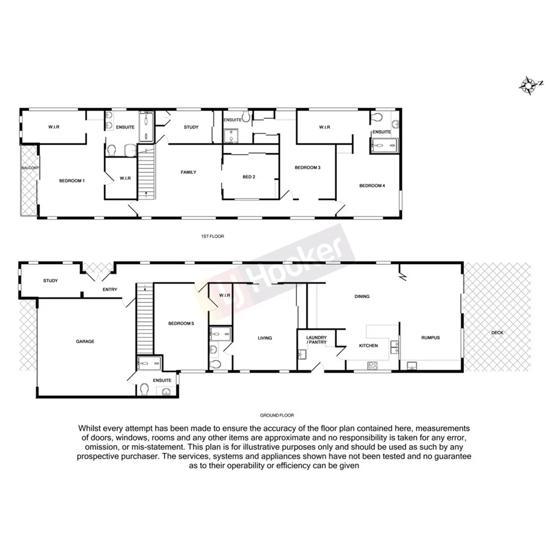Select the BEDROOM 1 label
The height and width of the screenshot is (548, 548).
click(72, 181)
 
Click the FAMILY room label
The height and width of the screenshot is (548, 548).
click(188, 172)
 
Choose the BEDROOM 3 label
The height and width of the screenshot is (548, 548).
click(308, 168)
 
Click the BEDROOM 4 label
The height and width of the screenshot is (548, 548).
click(372, 186)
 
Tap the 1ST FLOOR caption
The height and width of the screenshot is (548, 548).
click(212, 236)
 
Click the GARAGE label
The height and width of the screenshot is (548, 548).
click(85, 341)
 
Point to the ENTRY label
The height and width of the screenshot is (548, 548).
click(110, 289)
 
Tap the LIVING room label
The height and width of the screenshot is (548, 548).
click(265, 338)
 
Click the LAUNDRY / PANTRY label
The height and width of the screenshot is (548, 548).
click(316, 340)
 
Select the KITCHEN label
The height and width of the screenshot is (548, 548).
click(369, 346)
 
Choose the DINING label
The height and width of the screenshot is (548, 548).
click(362, 296)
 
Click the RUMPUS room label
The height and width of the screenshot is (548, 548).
click(430, 338)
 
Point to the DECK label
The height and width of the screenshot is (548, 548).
click(497, 333)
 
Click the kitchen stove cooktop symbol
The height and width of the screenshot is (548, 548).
click(372, 365)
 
